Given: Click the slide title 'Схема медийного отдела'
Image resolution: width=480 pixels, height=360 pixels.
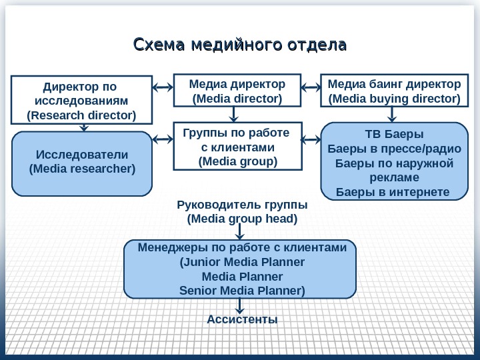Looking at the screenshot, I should pos(241,45).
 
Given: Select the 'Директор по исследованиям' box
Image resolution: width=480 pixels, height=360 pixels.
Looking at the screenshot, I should pos(80,101).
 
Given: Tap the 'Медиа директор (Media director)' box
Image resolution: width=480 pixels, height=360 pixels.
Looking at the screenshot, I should pos(237,91).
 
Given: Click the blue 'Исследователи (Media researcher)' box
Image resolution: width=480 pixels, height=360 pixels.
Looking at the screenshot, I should pos(82,163).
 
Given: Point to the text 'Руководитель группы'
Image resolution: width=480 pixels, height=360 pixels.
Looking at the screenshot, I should pos(241,204).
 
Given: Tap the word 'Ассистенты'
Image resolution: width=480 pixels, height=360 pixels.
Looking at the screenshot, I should pos(242,319).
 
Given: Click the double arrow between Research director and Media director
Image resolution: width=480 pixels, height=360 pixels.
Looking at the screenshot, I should pos(163,87).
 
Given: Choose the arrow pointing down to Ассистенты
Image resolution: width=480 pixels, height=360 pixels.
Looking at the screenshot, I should pos(241,305).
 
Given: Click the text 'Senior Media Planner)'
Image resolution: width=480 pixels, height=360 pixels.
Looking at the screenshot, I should pos(242,291).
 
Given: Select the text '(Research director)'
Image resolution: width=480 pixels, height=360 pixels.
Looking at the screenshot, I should pos(81,115).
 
